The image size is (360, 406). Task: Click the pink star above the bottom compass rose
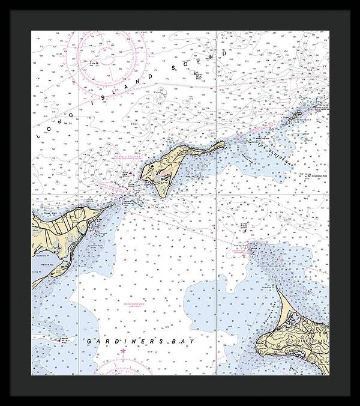click(x=123, y=350)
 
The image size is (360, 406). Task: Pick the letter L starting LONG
click(x=40, y=136)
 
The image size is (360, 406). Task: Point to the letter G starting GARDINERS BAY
click(x=88, y=341)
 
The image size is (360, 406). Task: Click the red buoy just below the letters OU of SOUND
click(x=196, y=74)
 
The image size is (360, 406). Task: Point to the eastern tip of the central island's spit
click(x=224, y=142)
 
